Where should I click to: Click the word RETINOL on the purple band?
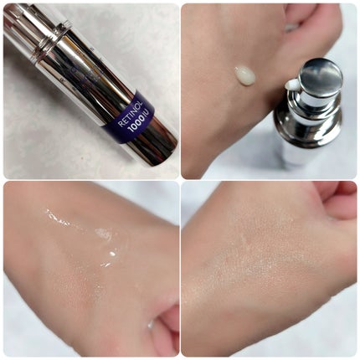131,114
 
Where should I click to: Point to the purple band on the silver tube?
129,117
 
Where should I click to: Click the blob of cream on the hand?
245,75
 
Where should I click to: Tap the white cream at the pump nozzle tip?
291,85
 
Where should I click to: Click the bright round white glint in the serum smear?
112,254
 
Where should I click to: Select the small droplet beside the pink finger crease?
150,324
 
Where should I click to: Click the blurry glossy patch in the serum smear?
103,234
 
